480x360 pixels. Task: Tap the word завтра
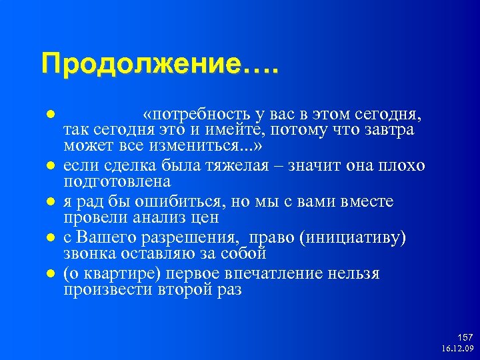coord(389,129)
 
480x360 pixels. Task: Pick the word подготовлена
coord(117,181)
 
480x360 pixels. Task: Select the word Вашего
coord(103,238)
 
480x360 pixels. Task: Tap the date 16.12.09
coord(457,349)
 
